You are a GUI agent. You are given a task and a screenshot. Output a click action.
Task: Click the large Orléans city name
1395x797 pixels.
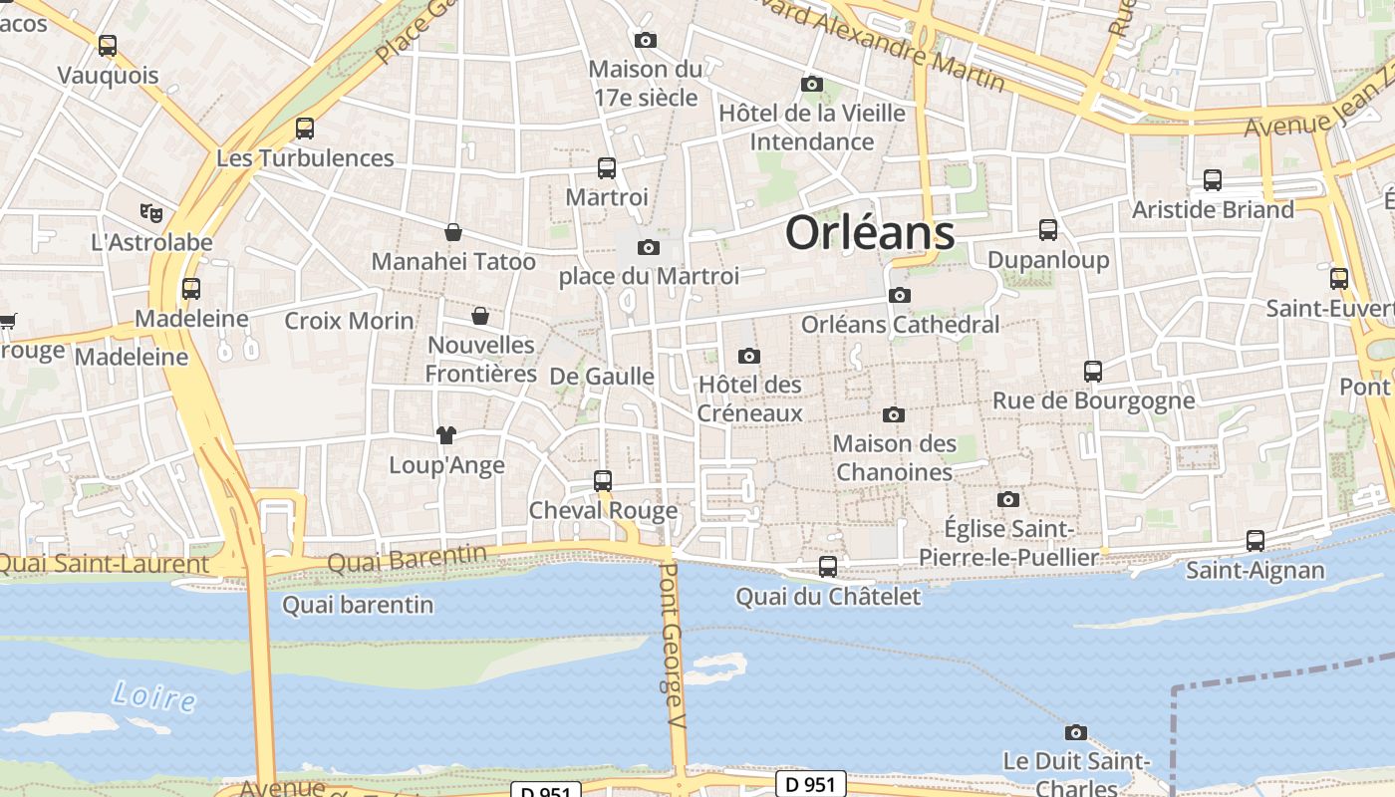click(869, 233)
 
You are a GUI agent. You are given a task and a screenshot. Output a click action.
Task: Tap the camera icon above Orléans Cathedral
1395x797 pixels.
click(899, 295)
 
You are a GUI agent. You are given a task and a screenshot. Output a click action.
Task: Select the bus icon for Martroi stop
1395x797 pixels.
click(606, 167)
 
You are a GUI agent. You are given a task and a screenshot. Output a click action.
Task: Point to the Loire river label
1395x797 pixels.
click(153, 695)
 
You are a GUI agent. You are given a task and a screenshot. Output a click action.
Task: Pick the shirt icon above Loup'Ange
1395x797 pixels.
click(445, 434)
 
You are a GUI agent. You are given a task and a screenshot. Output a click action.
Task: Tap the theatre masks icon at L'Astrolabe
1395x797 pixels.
click(151, 212)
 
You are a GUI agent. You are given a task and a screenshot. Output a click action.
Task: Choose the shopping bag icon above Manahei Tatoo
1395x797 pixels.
click(453, 232)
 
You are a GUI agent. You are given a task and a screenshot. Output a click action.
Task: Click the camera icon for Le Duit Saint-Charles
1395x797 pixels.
click(1075, 732)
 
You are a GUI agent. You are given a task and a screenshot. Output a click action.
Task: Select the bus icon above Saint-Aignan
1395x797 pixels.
click(1255, 541)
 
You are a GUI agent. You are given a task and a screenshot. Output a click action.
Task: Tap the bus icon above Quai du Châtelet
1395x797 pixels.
click(827, 567)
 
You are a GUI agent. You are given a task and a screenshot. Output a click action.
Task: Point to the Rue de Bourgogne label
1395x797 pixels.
click(1093, 400)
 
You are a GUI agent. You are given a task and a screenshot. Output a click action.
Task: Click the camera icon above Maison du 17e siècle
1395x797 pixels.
click(645, 40)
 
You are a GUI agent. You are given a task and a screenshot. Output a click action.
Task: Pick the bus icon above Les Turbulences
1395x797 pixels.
click(304, 129)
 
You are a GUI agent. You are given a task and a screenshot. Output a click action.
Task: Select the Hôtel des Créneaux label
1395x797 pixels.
click(749, 398)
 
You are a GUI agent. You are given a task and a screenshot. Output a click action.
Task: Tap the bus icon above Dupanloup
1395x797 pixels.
click(1047, 230)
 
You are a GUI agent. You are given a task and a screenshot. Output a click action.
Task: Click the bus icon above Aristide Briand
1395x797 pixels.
click(1212, 180)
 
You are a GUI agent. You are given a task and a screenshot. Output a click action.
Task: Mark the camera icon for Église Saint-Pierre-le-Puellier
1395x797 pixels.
click(1007, 499)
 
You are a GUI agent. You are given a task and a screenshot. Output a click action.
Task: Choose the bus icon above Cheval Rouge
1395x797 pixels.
click(602, 481)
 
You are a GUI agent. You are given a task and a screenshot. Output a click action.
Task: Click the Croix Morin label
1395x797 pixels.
click(349, 321)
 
